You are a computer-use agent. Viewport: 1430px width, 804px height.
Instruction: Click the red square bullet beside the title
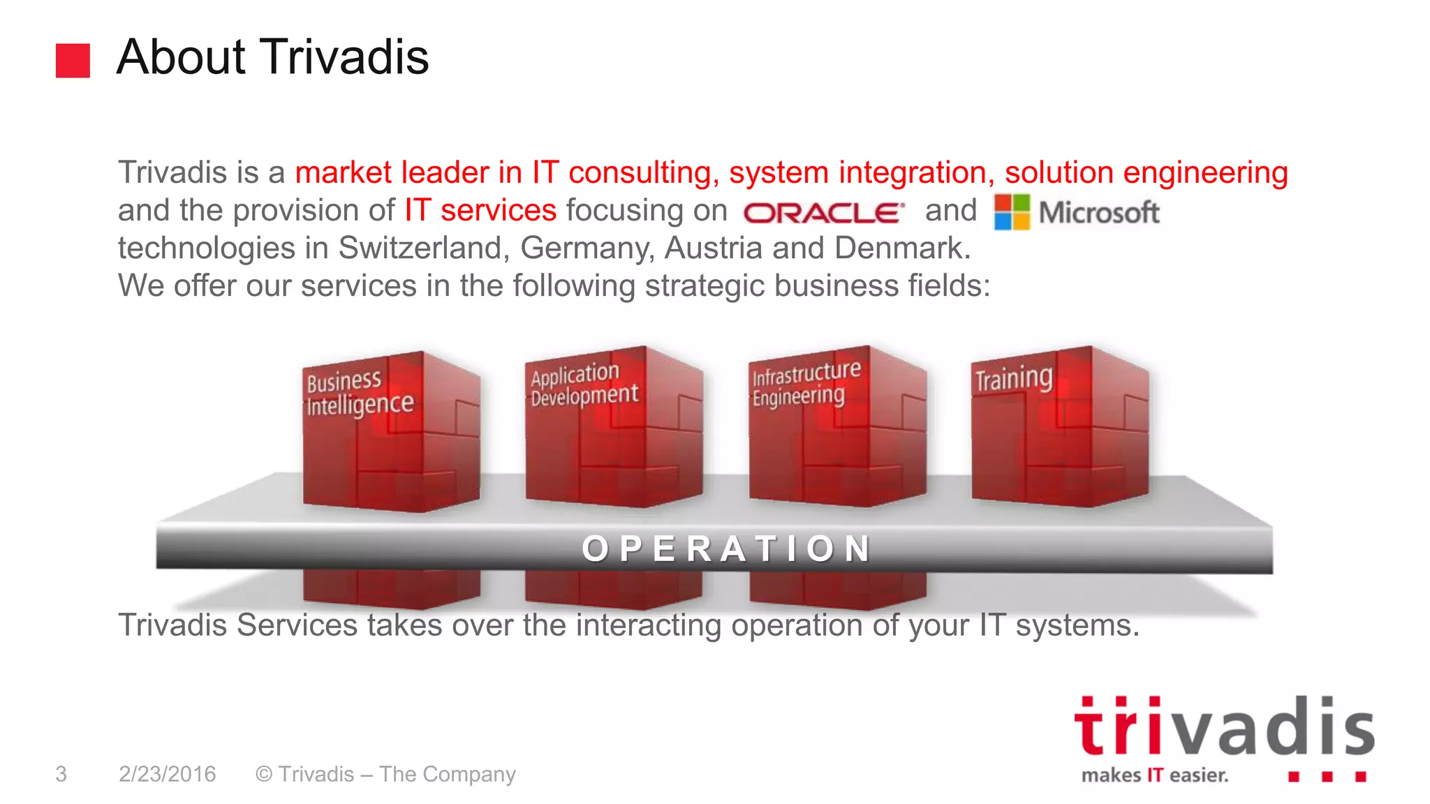73,61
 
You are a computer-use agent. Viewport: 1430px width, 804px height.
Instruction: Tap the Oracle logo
824,212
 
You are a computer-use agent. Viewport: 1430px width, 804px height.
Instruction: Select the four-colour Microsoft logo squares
1012,212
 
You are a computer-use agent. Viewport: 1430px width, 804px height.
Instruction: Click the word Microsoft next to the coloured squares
1099,212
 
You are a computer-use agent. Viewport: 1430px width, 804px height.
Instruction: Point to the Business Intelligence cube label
359,394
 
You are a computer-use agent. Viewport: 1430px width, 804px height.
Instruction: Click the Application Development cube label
583,385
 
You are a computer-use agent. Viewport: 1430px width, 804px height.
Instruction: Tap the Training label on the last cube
1013,379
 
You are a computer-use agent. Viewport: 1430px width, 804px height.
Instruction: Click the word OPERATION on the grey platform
726,549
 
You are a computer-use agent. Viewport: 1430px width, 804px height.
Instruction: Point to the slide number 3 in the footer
61,774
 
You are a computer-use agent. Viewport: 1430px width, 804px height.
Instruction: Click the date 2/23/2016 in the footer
168,774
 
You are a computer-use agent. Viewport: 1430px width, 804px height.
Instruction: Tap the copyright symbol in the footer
263,774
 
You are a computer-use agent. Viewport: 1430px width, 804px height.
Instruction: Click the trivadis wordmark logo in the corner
1223,727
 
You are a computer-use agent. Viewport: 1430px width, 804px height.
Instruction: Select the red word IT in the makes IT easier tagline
1155,775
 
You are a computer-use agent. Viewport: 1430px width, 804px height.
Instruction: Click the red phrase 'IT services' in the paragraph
480,211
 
